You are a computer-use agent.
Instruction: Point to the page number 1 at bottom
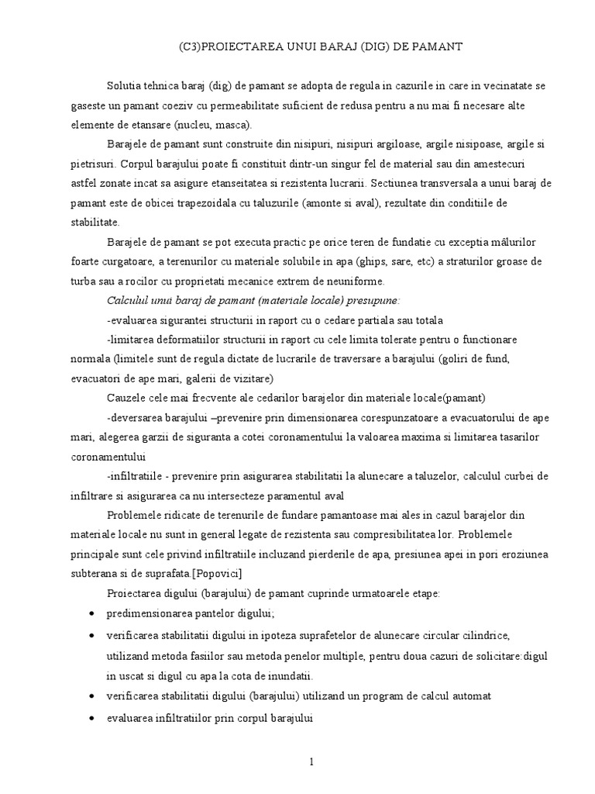(x=311, y=761)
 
